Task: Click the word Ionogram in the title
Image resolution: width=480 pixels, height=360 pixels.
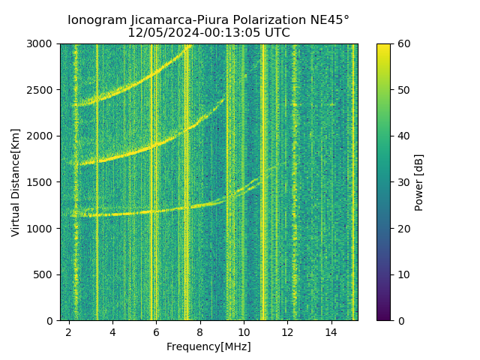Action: (94, 20)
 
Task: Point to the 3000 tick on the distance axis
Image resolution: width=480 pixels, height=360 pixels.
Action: (43, 44)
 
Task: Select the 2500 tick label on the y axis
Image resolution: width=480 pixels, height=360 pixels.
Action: (43, 90)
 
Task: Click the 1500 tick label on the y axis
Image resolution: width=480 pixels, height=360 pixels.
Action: (43, 182)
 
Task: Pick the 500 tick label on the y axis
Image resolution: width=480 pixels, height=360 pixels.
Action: (46, 274)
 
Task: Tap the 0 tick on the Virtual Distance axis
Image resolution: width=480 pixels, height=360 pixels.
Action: (51, 321)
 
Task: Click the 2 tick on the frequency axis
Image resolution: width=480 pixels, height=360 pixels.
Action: (69, 331)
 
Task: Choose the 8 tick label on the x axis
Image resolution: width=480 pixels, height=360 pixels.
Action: (200, 331)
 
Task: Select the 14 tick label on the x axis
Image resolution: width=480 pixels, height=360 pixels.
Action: (331, 331)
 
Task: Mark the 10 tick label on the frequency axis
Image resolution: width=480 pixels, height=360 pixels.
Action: (244, 331)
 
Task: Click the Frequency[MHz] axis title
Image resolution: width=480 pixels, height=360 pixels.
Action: (208, 346)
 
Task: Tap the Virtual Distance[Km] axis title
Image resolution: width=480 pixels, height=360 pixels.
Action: (16, 182)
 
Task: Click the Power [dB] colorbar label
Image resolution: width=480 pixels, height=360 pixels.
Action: (419, 182)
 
